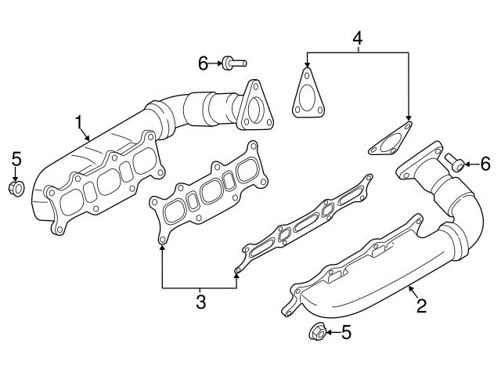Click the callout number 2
pyautogui.click(x=421, y=305)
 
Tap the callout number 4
pyautogui.click(x=358, y=37)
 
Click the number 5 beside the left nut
pyautogui.click(x=16, y=161)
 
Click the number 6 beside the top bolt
pyautogui.click(x=203, y=63)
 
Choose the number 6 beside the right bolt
pyautogui.click(x=485, y=164)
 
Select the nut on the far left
pyautogui.click(x=16, y=188)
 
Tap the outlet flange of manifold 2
pyautogui.click(x=421, y=161)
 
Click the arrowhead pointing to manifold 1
pyautogui.click(x=90, y=139)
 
